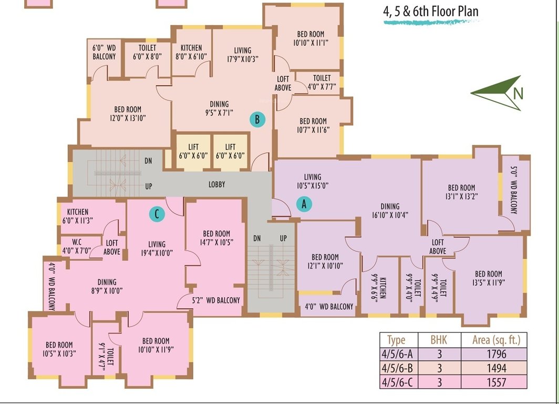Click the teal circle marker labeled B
(x=257, y=119)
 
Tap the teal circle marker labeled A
(x=303, y=204)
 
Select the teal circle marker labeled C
(x=156, y=214)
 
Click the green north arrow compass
(x=497, y=93)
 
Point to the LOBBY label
(x=216, y=185)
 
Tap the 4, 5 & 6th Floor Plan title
(x=430, y=12)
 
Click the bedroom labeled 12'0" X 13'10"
(x=126, y=114)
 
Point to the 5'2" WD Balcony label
(x=215, y=300)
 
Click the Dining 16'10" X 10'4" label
(x=390, y=210)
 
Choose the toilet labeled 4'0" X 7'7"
(x=322, y=82)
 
